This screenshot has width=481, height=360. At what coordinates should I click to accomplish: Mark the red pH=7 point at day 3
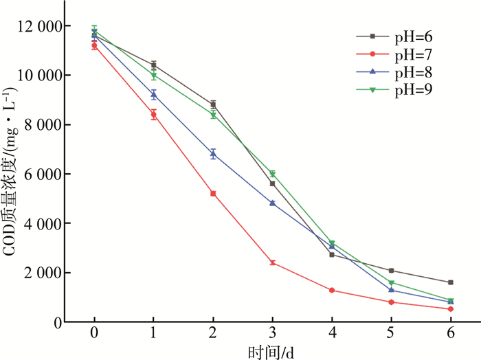tap(273, 262)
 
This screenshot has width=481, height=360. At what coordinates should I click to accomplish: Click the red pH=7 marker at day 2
tap(213, 194)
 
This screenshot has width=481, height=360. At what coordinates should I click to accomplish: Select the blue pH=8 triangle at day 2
tap(213, 154)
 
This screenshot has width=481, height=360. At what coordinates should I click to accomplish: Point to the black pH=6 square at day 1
tap(154, 65)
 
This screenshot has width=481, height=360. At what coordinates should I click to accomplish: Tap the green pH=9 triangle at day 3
tap(273, 174)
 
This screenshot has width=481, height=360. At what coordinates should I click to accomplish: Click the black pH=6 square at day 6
tap(451, 282)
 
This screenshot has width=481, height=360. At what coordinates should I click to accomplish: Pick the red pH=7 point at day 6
tap(451, 309)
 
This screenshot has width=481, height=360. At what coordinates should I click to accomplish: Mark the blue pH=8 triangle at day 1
tap(154, 95)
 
